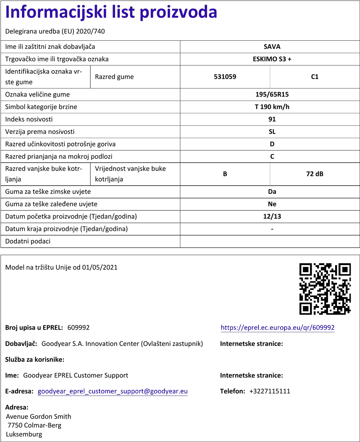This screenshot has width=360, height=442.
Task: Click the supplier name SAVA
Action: tap(272, 47)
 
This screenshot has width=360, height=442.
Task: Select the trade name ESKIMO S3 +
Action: tap(272, 59)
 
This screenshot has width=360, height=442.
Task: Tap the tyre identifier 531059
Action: tap(225, 77)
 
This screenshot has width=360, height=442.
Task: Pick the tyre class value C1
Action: tap(315, 77)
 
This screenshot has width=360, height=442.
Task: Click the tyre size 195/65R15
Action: tap(272, 95)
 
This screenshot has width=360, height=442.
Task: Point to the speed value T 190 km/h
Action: tap(272, 107)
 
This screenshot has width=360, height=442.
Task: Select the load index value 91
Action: tap(272, 119)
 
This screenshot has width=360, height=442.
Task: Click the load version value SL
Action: tap(272, 132)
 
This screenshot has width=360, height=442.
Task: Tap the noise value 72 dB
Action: tap(315, 174)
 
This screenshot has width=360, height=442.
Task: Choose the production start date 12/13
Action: tap(272, 217)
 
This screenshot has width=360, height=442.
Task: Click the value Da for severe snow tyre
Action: tap(272, 192)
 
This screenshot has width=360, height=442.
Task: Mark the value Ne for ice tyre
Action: tap(272, 204)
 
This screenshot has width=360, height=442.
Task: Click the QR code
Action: tap(325, 289)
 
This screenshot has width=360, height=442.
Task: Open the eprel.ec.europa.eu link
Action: tap(278, 328)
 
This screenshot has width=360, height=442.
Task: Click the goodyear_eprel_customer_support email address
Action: tap(113, 391)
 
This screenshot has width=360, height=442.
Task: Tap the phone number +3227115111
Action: tap(270, 391)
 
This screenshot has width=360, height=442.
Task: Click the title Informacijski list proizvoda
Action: tap(111, 13)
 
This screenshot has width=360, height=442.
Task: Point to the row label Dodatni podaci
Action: tap(28, 241)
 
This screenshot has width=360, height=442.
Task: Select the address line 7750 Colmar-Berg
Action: tap(35, 425)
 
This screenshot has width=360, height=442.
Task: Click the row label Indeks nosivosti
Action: tap(29, 119)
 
